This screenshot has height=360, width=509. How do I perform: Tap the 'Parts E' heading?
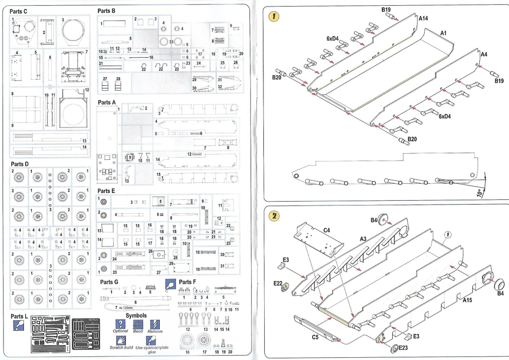pyautogui.click(x=107, y=191)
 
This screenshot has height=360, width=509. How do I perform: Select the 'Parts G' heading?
pyautogui.click(x=109, y=282)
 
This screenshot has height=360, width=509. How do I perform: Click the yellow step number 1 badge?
pyautogui.click(x=275, y=16)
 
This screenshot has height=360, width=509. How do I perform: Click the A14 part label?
pyautogui.click(x=424, y=19)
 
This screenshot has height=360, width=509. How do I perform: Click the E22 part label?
pyautogui.click(x=278, y=282)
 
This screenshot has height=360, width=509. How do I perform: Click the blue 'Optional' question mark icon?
pyautogui.click(x=120, y=324)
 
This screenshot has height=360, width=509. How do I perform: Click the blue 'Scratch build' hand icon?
pyautogui.click(x=121, y=341)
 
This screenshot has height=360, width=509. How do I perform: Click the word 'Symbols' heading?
pyautogui.click(x=136, y=315)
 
